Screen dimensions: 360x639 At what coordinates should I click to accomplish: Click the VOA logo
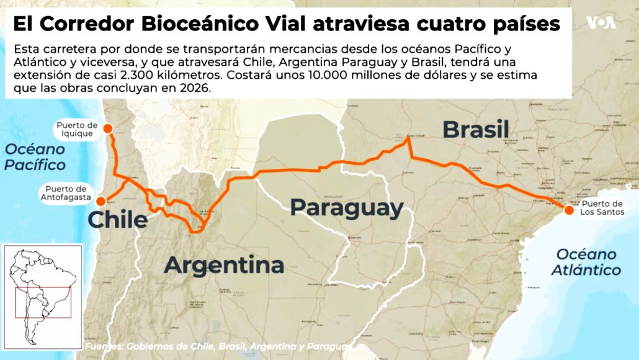click(601, 23)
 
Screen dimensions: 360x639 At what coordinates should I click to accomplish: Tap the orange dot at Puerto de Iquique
click(108, 128)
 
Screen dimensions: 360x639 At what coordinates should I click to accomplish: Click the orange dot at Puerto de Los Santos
click(568, 211)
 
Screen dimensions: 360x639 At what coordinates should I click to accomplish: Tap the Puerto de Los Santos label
click(601, 208)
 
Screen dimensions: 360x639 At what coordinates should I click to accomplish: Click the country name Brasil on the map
click(476, 130)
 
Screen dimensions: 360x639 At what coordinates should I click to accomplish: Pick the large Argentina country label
click(224, 265)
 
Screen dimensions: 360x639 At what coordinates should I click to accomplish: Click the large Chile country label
click(117, 220)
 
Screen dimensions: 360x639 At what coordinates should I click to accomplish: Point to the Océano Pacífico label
click(35, 157)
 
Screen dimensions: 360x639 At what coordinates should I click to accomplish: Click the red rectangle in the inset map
click(43, 303)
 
